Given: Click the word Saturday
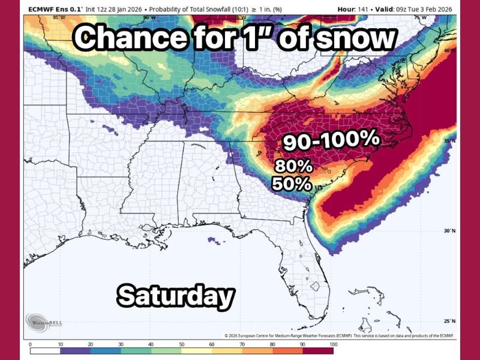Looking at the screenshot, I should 175,296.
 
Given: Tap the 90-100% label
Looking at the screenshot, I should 331,140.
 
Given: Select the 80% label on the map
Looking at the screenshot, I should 293,166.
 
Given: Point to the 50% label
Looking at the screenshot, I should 292,184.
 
